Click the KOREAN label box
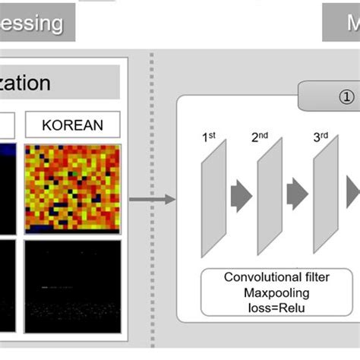[73, 125]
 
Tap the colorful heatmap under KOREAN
[73, 188]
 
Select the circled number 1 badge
[346, 96]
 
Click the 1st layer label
[209, 138]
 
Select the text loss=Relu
[276, 307]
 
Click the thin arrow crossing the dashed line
[152, 200]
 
